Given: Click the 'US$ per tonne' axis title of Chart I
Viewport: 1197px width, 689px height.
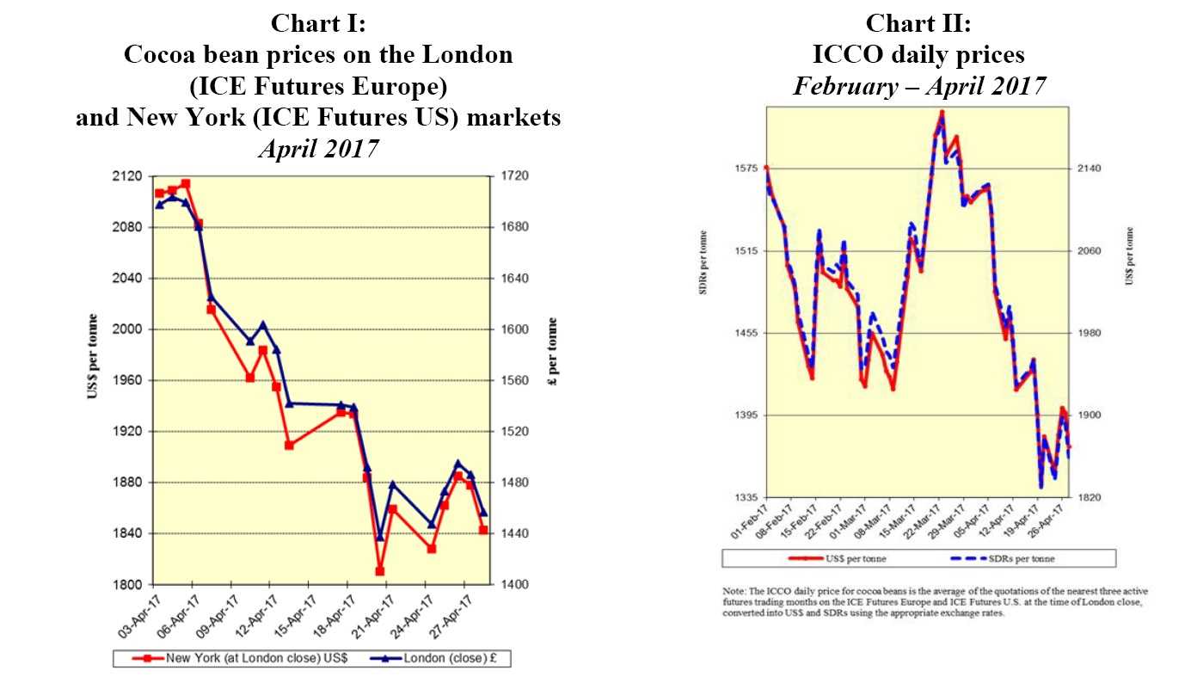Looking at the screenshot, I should tap(92, 358).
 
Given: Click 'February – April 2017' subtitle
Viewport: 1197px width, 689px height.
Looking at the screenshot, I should tap(918, 86).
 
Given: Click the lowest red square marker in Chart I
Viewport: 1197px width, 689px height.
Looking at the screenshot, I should tap(379, 571).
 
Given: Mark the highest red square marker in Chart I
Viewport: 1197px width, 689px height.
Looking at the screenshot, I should tap(186, 183).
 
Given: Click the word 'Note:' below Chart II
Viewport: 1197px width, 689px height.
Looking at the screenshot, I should tap(735, 592).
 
